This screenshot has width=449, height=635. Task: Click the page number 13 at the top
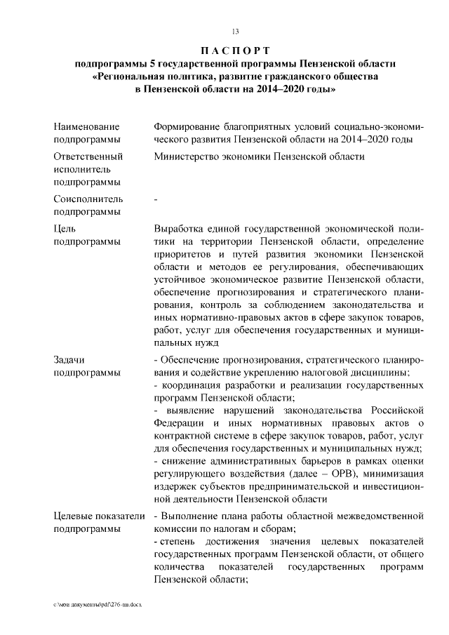coord(235,31)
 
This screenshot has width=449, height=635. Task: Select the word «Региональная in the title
coord(133,76)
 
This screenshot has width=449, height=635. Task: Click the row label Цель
coord(65,229)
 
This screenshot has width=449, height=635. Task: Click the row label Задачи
coord(69,359)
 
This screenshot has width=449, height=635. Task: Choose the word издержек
coord(175,486)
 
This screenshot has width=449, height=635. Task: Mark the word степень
coord(178,542)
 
